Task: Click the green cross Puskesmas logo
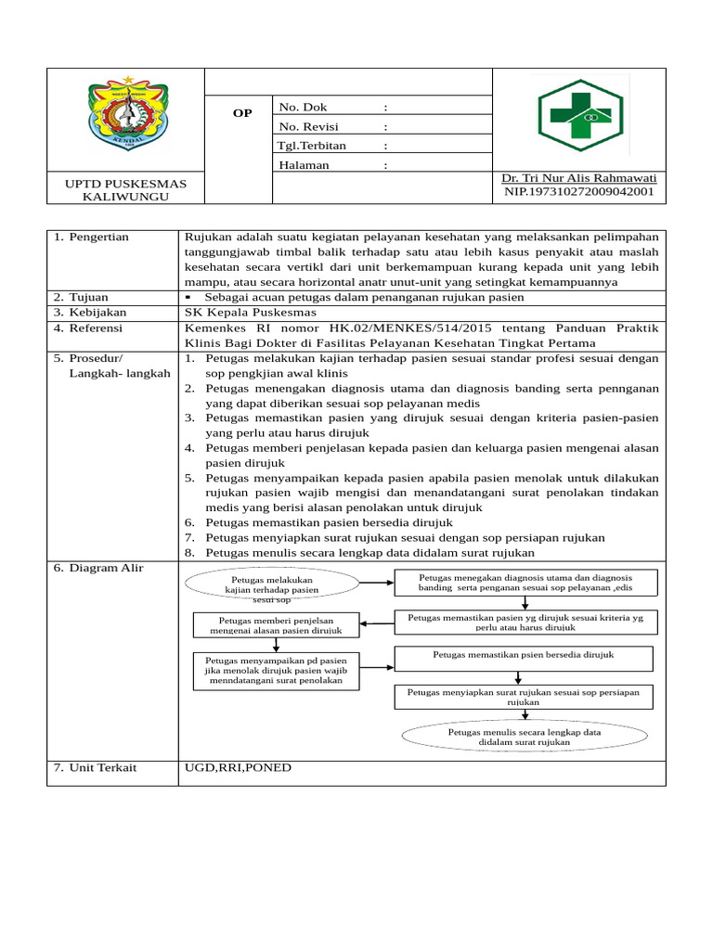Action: tap(579, 120)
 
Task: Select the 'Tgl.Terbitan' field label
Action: tap(311, 146)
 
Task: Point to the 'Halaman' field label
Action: tap(304, 165)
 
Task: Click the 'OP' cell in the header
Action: tap(241, 112)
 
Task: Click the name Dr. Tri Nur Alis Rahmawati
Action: tap(578, 178)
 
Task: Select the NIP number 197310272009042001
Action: tap(578, 192)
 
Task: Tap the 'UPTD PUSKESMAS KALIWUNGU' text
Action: tap(125, 191)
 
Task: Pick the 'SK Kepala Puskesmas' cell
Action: tap(251, 313)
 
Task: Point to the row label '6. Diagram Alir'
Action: tap(98, 568)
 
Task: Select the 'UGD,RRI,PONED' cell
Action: tap(239, 767)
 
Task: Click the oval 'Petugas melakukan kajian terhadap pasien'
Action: tap(272, 586)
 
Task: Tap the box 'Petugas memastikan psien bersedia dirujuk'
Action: tap(526, 658)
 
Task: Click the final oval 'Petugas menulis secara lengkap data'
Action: tap(525, 738)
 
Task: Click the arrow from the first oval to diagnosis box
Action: tap(375, 584)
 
